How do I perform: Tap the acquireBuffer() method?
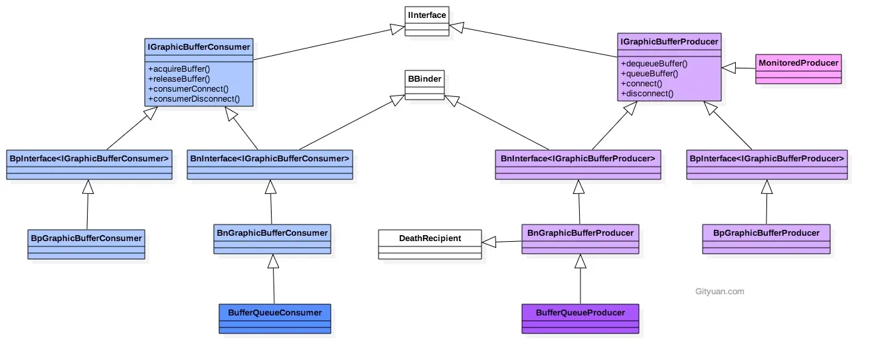(179, 69)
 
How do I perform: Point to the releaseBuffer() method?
(179, 79)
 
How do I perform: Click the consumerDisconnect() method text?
(193, 99)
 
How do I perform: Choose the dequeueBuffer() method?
(654, 64)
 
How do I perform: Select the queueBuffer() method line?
(649, 74)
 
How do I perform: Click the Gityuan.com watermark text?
(719, 291)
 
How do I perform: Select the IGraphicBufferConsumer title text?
(199, 46)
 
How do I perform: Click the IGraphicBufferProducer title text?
(669, 42)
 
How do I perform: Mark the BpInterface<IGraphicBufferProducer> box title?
(767, 159)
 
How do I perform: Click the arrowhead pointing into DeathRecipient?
(489, 243)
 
